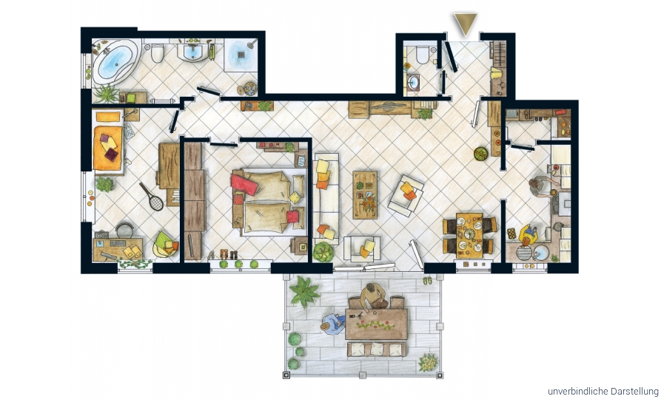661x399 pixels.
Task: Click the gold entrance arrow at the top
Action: tap(465, 24)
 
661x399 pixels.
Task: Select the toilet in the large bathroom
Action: tap(157, 52)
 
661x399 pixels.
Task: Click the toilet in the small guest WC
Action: tap(422, 54)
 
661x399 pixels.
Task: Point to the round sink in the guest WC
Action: tap(413, 81)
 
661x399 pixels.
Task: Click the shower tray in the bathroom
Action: tap(241, 55)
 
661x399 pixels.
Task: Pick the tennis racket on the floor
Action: tap(152, 197)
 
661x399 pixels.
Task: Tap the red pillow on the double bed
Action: tap(244, 184)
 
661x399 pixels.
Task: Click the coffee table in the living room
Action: tap(365, 194)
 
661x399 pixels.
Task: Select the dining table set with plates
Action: tap(469, 235)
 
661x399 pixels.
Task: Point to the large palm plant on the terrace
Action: tap(304, 291)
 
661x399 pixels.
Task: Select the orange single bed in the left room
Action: tap(108, 148)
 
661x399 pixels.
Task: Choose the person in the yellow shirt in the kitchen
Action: tap(529, 235)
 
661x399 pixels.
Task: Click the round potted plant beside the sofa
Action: tap(323, 252)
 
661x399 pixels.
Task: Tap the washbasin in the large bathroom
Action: tap(192, 52)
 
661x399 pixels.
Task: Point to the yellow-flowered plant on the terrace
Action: tap(429, 362)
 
